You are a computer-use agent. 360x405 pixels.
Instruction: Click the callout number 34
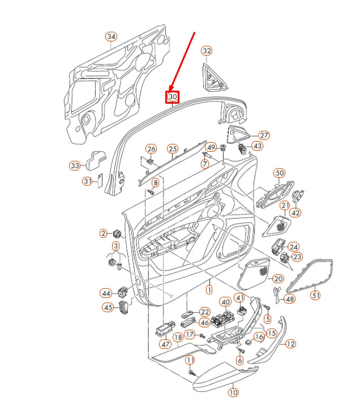point(111,37)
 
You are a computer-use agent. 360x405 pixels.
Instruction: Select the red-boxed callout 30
point(173,97)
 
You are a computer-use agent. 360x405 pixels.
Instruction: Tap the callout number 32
point(207,51)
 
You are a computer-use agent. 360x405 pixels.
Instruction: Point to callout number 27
point(264,135)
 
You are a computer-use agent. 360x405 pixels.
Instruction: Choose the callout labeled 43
point(257,146)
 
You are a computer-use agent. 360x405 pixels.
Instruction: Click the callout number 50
point(279,172)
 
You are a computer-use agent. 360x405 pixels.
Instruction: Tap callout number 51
point(316,295)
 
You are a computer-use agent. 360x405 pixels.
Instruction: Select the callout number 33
point(75,166)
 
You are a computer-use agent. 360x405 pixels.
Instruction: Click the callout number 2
point(103,233)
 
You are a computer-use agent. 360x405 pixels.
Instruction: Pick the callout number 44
point(106,293)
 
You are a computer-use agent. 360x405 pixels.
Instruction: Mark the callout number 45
point(107,307)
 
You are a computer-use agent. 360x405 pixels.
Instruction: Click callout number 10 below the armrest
point(233,391)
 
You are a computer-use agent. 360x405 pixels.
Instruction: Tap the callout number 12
point(290,343)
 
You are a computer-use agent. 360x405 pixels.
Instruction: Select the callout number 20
point(277,279)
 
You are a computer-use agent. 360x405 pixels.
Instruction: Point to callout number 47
point(165,344)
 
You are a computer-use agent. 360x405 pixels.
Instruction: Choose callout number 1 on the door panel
point(208,289)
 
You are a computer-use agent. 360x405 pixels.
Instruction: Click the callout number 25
point(173,149)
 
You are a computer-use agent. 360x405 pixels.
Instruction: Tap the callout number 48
point(289,299)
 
